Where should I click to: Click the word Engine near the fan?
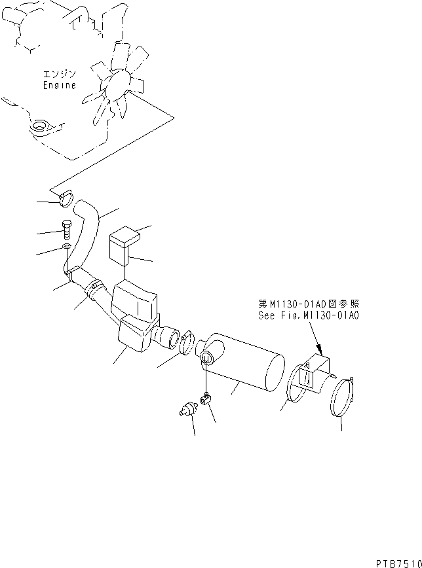(x=60, y=85)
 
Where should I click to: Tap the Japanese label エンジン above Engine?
(x=60, y=75)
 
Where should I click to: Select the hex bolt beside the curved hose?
(x=66, y=231)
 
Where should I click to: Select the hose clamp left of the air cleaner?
(x=187, y=342)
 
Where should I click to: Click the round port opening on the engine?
(x=41, y=124)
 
